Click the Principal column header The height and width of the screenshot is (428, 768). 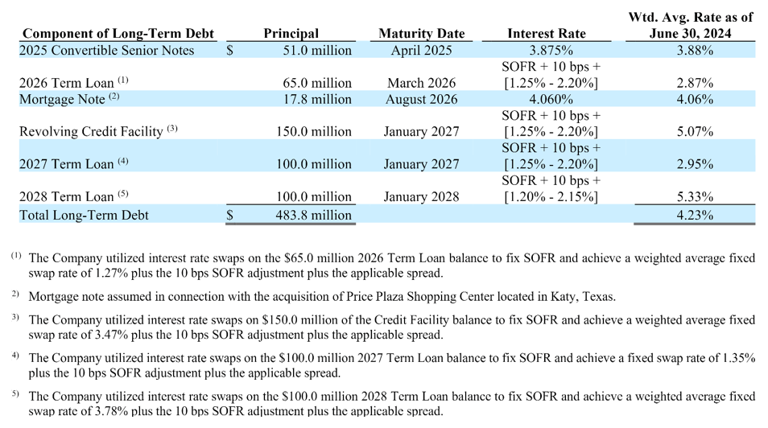coord(291,34)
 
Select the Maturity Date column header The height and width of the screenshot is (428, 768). coord(421,34)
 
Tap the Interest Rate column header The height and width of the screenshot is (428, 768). coord(547,34)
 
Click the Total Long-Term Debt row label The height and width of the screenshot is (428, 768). coord(85,215)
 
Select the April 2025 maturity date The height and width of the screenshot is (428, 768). coord(422,51)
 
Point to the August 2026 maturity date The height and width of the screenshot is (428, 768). coord(422,100)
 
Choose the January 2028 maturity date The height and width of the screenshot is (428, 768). coord(421,196)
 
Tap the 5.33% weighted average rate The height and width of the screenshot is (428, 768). coord(694,196)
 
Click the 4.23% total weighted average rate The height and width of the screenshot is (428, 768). coord(694,215)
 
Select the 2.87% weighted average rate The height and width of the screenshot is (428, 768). coord(694,83)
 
